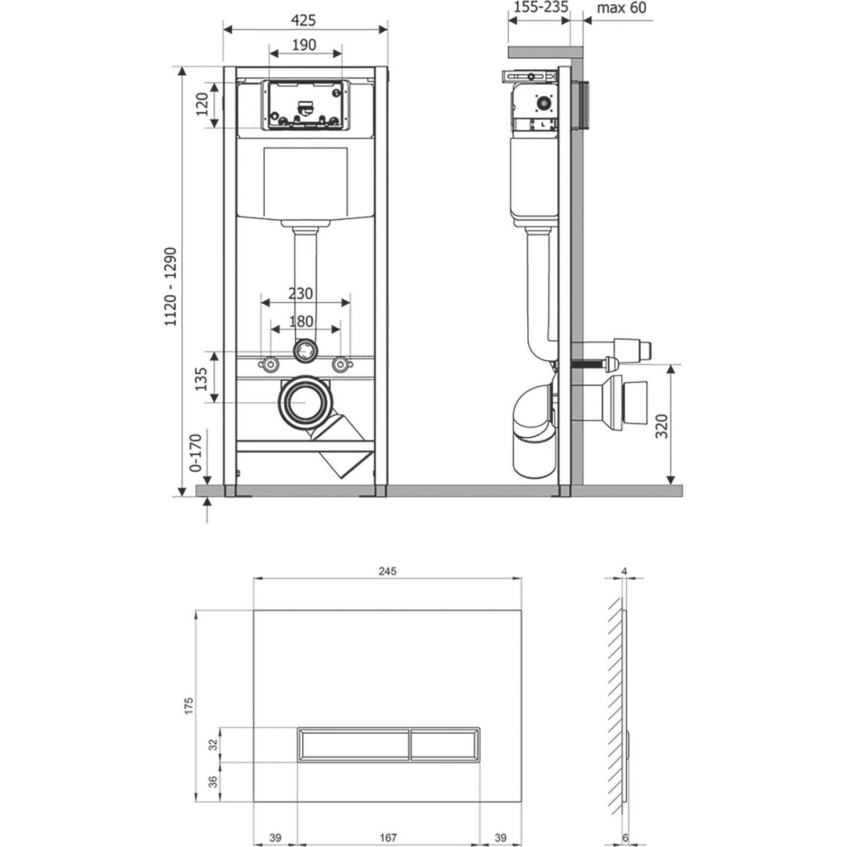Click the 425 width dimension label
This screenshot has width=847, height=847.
(x=303, y=20)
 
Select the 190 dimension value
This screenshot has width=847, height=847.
(x=304, y=45)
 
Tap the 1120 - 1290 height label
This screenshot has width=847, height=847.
(x=170, y=286)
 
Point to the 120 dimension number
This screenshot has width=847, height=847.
(x=202, y=105)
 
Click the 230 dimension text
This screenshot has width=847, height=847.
(x=300, y=293)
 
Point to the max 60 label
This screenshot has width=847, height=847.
(x=621, y=8)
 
